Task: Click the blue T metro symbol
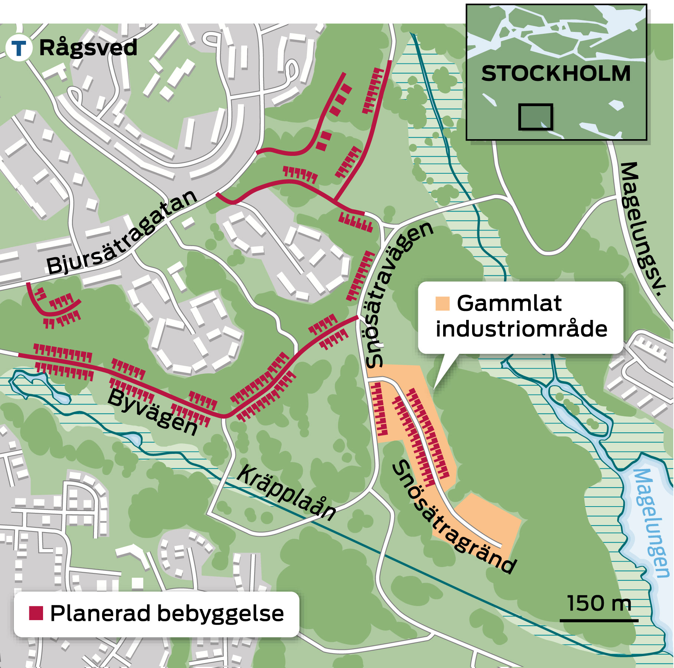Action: point(19,48)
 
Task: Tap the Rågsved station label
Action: point(88,48)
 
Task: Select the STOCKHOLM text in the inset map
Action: point(556,73)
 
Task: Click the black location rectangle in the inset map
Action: point(535,117)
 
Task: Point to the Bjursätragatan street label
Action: point(122,233)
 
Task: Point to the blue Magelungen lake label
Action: point(651,523)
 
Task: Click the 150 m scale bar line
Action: point(599,620)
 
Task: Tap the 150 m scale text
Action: point(599,603)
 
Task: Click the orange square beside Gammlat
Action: point(442,304)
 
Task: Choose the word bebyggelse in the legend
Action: point(220,614)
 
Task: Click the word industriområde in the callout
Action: point(521,329)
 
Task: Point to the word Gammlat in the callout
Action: point(509,303)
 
